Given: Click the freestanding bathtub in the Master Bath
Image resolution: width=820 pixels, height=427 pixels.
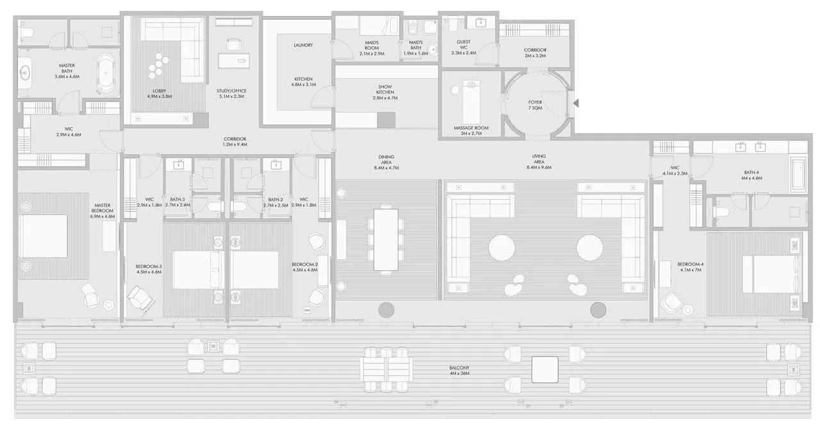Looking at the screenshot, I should click(107, 74).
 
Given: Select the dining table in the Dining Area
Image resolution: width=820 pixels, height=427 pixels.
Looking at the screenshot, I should click(386, 239).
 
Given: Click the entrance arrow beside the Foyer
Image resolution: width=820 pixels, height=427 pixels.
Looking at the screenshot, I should click(576, 103).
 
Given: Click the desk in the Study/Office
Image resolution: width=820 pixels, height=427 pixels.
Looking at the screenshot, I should click(236, 60).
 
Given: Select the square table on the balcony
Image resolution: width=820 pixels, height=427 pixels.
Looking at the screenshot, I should click(545, 369).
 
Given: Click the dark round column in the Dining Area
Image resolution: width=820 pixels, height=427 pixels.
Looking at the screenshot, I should click(386, 310).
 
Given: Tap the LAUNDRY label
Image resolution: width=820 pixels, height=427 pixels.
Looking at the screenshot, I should click(303, 45).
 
